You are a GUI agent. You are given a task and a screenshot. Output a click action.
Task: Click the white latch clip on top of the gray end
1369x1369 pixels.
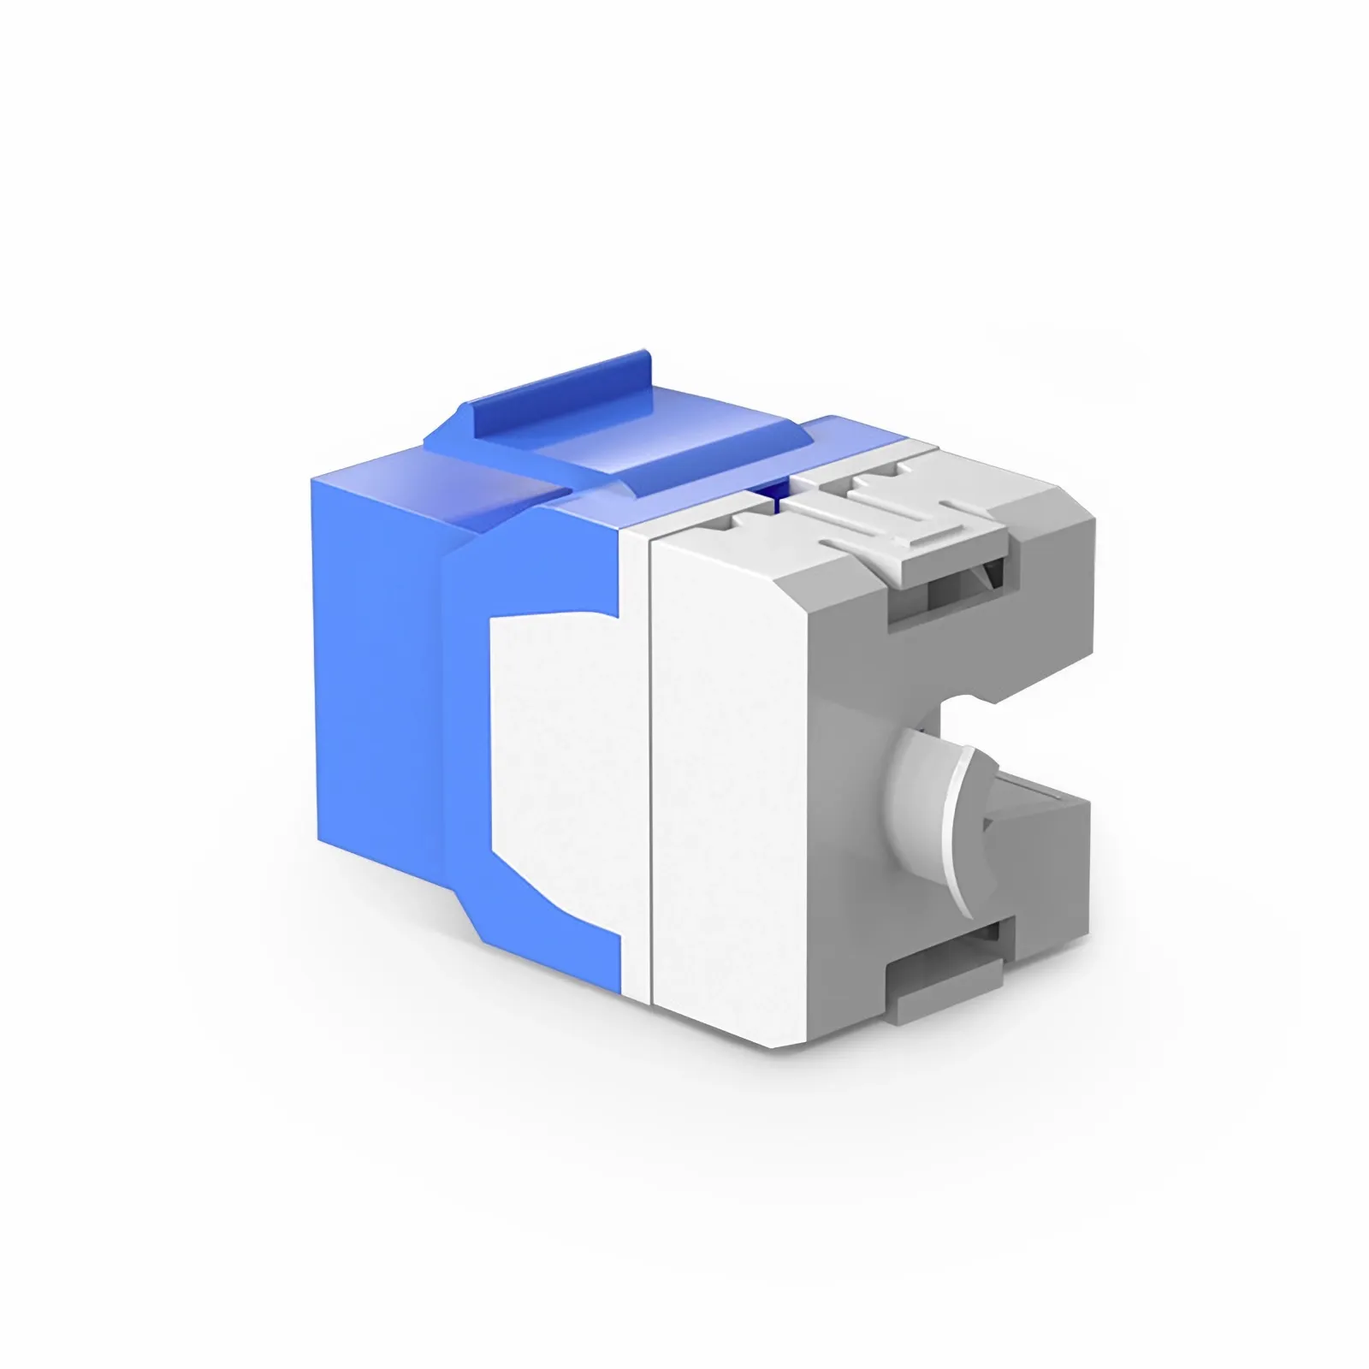pyautogui.click(x=907, y=522)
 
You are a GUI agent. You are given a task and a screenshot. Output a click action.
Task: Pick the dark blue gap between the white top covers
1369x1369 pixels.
pyautogui.click(x=774, y=496)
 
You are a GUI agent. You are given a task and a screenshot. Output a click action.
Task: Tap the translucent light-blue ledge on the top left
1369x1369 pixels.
pyautogui.click(x=479, y=479)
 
